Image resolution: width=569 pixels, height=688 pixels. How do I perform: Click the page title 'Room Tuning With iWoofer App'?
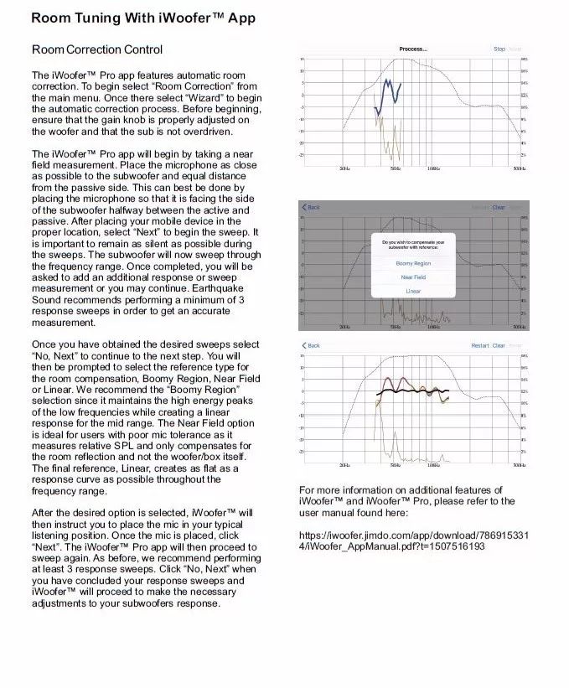[143, 18]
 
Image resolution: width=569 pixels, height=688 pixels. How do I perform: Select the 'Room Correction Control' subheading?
[96, 49]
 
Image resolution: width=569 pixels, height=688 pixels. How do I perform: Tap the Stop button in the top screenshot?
[499, 49]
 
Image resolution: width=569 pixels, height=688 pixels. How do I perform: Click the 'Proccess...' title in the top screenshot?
[412, 49]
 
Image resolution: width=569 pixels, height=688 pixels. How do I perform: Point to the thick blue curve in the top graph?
[386, 94]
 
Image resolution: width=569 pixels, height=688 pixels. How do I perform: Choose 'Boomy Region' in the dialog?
[413, 263]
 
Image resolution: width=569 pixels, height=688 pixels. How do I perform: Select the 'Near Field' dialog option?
[413, 277]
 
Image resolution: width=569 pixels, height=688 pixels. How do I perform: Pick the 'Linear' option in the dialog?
[413, 291]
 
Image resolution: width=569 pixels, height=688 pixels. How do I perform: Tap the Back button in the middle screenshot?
[312, 207]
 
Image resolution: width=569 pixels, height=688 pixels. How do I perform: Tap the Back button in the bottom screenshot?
[312, 345]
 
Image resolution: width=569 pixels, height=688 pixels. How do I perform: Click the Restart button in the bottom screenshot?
[479, 345]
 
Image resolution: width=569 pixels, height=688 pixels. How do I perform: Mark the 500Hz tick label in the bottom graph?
[520, 464]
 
